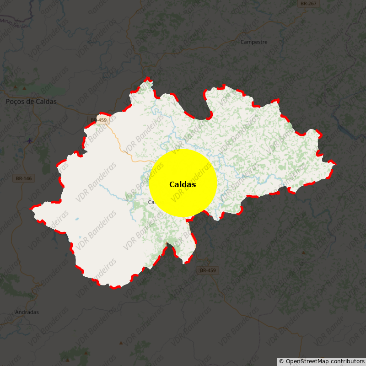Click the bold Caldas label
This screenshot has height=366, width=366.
pyautogui.click(x=183, y=185)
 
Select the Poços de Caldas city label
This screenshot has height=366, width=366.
pyautogui.click(x=31, y=102)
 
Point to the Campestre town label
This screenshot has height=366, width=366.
pyautogui.click(x=254, y=42)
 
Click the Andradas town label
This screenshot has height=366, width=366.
pyautogui.click(x=27, y=312)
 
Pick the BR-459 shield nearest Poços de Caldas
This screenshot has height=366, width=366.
pyautogui.click(x=98, y=120)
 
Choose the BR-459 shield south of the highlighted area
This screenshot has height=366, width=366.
pyautogui.click(x=208, y=270)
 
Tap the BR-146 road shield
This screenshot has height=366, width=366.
pyautogui.click(x=24, y=178)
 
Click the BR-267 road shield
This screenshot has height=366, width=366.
pyautogui.click(x=308, y=3)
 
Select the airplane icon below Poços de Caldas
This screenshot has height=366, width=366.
pyautogui.click(x=30, y=140)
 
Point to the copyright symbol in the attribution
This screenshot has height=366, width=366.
pyautogui.click(x=281, y=361)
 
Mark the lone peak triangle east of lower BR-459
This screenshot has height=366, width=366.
pyautogui.click(x=303, y=253)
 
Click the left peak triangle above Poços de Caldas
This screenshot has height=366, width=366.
pyautogui.click(x=16, y=87)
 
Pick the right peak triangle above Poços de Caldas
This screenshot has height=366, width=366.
pyautogui.click(x=24, y=87)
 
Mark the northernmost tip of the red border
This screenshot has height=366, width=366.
pyautogui.click(x=148, y=78)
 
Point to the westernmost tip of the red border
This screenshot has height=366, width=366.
pyautogui.click(x=31, y=209)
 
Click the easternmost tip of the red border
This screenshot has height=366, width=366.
pyautogui.click(x=335, y=163)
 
